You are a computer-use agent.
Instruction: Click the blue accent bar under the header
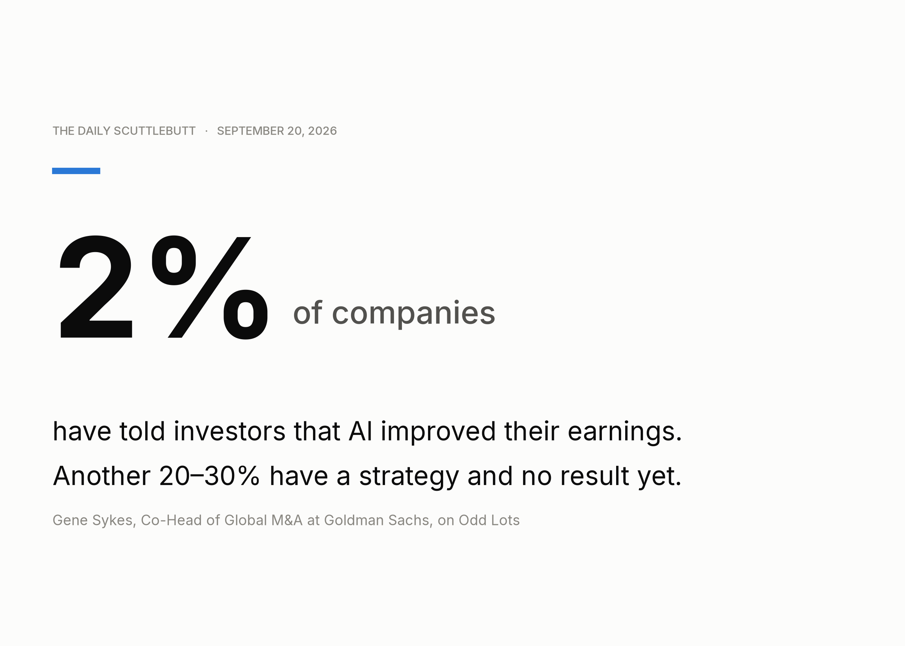click(76, 171)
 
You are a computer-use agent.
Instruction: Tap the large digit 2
click(96, 286)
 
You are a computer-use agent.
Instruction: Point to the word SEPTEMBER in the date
click(250, 131)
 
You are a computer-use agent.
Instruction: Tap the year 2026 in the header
click(322, 131)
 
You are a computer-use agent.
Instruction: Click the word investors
click(230, 431)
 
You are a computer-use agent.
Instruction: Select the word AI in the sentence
click(360, 431)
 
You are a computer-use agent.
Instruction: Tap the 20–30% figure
click(209, 476)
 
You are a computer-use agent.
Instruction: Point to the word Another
click(102, 476)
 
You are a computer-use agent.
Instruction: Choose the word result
click(595, 476)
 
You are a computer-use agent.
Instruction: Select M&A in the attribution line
click(287, 520)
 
